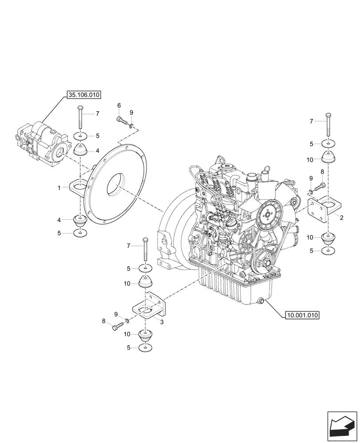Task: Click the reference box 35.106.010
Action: pos(84,94)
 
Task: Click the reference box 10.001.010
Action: pos(303,315)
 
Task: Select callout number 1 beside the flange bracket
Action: pos(59,188)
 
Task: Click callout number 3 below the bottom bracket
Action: pos(162,323)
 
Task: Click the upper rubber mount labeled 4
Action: pos(80,151)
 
